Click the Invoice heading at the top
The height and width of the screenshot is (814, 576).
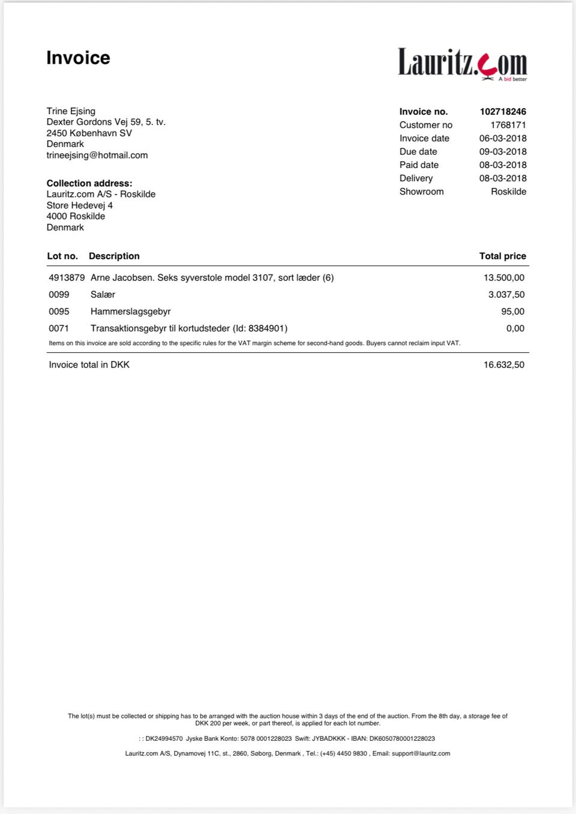78,58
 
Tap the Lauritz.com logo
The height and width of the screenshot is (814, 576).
462,63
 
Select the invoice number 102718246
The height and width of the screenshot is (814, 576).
503,112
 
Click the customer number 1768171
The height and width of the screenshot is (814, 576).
508,125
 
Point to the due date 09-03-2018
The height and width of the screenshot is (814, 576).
503,152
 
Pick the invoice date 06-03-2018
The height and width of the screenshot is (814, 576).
503,138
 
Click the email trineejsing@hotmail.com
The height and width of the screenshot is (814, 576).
97,155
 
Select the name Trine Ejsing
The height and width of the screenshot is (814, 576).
71,111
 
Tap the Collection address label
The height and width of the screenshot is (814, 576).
89,183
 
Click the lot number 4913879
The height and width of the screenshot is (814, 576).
67,278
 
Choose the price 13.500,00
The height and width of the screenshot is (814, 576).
504,278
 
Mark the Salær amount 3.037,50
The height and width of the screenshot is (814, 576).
506,295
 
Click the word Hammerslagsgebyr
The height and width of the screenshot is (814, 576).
131,312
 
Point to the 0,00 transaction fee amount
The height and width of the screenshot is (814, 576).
515,328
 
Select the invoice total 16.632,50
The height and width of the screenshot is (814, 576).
504,365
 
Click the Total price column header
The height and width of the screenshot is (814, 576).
502,256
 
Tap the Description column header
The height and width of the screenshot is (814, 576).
114,256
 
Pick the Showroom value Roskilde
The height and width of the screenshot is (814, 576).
508,191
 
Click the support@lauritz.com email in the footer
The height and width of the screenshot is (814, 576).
421,753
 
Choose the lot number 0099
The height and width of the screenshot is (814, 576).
59,295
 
